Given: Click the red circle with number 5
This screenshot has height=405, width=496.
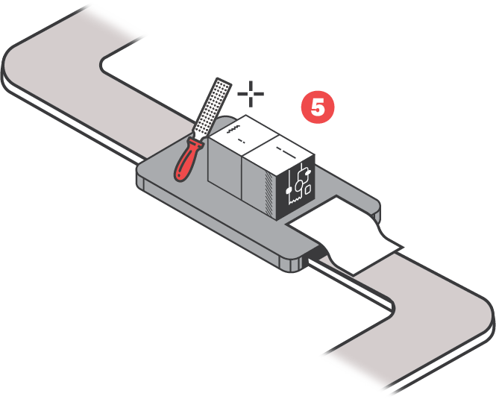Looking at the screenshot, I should [317, 107].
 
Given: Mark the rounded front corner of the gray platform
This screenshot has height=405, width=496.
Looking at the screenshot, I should [288, 263].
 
